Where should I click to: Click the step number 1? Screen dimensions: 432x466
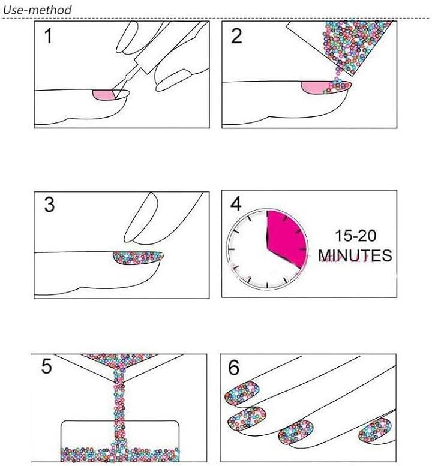pyautogui.click(x=48, y=36)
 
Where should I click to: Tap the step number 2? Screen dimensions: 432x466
pyautogui.click(x=236, y=36)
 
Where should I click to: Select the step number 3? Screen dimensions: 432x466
pyautogui.click(x=49, y=205)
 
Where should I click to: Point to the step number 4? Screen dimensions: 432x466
pyautogui.click(x=236, y=203)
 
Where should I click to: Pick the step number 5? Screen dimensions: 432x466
pyautogui.click(x=47, y=366)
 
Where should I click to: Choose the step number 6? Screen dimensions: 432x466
pyautogui.click(x=233, y=368)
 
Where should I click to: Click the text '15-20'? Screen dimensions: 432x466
pyautogui.click(x=355, y=236)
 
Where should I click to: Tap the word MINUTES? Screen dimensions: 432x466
pyautogui.click(x=355, y=255)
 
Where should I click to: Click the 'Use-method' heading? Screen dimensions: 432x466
pyautogui.click(x=37, y=10)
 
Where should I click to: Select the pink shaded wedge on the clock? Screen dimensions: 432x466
pyautogui.click(x=286, y=237)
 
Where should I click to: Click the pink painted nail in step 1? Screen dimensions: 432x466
pyautogui.click(x=104, y=95)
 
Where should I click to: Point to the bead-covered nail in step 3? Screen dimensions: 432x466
pyautogui.click(x=138, y=258)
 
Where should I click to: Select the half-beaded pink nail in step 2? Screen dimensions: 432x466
pyautogui.click(x=326, y=88)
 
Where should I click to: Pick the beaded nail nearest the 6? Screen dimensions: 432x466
pyautogui.click(x=242, y=393)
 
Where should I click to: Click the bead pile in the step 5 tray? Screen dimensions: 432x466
pyautogui.click(x=120, y=455)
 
